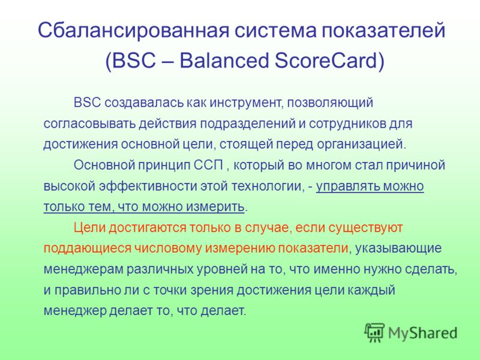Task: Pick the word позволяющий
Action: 330,103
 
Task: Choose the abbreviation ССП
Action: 208,166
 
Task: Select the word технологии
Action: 266,187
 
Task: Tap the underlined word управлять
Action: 346,186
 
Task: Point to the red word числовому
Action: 168,248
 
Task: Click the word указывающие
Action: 398,248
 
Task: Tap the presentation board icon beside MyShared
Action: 374,333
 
